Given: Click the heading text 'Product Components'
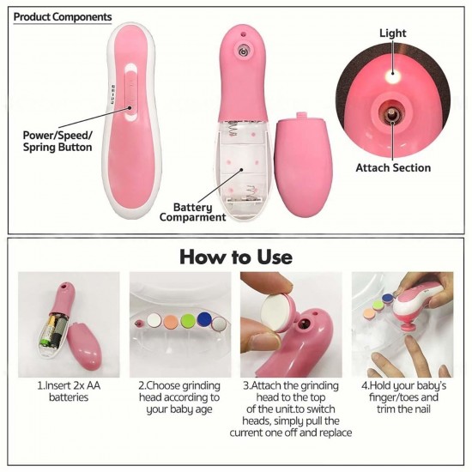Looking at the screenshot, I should pos(63,16).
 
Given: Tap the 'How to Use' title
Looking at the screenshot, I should pos(236,257).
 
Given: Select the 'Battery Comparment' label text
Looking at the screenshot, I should pos(193,212).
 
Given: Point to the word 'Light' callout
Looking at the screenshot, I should pos(393,33).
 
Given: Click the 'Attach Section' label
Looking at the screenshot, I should pos(393,167).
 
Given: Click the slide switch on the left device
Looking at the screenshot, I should pos(133,94).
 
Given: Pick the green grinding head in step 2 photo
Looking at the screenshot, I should pos(185,318).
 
